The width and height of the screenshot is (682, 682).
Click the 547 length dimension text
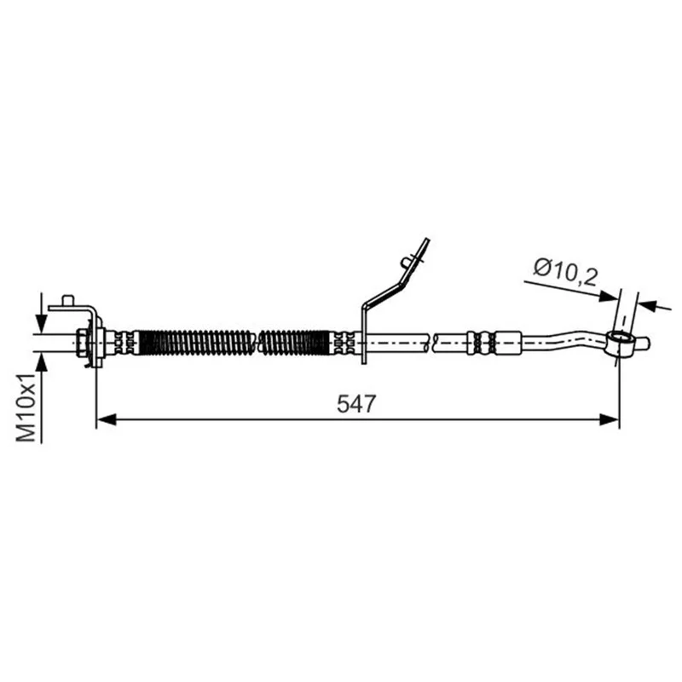pyautogui.click(x=355, y=403)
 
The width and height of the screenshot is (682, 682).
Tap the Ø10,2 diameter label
pyautogui.click(x=566, y=272)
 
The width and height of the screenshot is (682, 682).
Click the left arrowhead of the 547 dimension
pyautogui.click(x=106, y=419)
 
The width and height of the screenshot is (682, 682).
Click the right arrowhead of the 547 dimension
pyautogui.click(x=609, y=419)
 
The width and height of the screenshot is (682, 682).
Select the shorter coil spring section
pyautogui.click(x=294, y=343)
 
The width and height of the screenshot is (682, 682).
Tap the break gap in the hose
pyautogui.click(x=431, y=343)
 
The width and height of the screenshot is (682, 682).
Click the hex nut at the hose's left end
pyautogui.click(x=81, y=343)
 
